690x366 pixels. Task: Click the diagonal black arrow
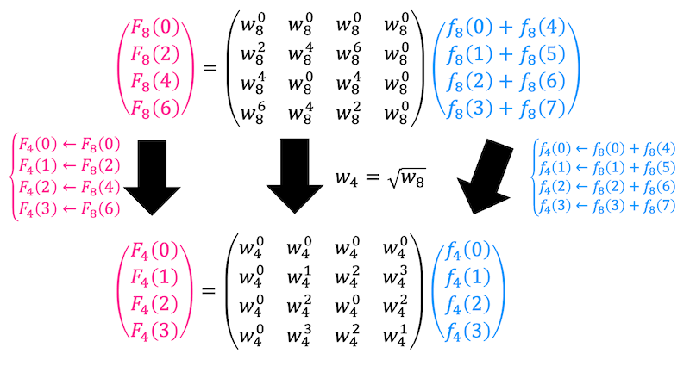(486, 177)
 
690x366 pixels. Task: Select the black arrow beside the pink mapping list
(152, 177)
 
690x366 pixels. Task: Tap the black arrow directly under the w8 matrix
(294, 177)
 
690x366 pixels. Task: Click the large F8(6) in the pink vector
(155, 108)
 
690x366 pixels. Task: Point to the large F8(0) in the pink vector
(155, 28)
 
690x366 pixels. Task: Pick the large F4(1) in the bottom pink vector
(154, 276)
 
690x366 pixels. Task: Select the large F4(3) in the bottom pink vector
(154, 331)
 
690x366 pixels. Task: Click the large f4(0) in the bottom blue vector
(467, 251)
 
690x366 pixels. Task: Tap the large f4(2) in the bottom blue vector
(467, 305)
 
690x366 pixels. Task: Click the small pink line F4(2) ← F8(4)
(69, 188)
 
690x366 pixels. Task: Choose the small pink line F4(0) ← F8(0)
(69, 145)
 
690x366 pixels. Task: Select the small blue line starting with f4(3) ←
(607, 206)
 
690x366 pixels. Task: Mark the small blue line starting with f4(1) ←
(607, 168)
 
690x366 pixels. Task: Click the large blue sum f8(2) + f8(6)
(506, 82)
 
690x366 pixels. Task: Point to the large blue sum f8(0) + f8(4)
(506, 28)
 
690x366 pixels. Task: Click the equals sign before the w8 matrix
(210, 69)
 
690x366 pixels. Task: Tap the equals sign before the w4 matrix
(209, 291)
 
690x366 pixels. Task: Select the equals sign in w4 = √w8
(373, 177)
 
